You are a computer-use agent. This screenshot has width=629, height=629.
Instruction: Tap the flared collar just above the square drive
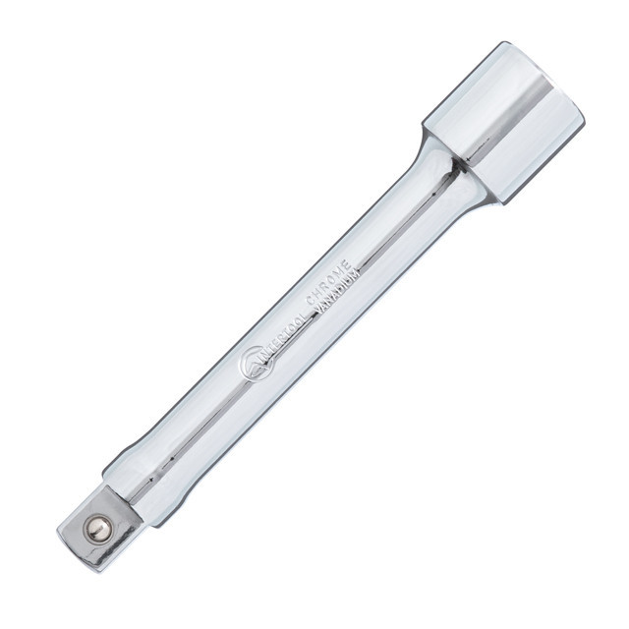click(x=138, y=472)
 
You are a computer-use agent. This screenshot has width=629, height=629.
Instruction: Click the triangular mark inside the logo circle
click(x=253, y=365)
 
